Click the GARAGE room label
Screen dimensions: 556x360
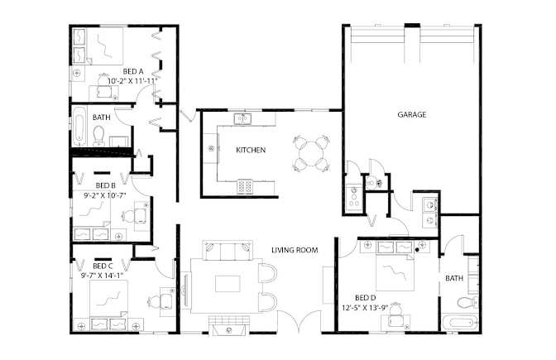(412, 114)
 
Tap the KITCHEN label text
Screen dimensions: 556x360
(251, 150)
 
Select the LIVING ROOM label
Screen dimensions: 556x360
(295, 250)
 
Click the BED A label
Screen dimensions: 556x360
(133, 72)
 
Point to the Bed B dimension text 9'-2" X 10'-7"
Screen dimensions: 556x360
(105, 195)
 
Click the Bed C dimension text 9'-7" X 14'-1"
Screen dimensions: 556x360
(103, 275)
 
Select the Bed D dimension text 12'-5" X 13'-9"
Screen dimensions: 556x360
(365, 308)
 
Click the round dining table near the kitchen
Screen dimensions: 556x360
(310, 154)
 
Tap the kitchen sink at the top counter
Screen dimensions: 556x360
(242, 118)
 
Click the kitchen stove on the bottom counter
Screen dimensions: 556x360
(245, 186)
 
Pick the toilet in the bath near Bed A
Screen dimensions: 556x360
(98, 136)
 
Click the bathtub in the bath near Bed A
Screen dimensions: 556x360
(79, 126)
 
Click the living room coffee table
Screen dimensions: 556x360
(228, 284)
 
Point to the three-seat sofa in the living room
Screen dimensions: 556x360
(228, 250)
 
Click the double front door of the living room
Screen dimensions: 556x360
(300, 321)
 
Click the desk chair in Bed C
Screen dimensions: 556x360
(154, 301)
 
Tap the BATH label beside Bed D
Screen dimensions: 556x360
(454, 278)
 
